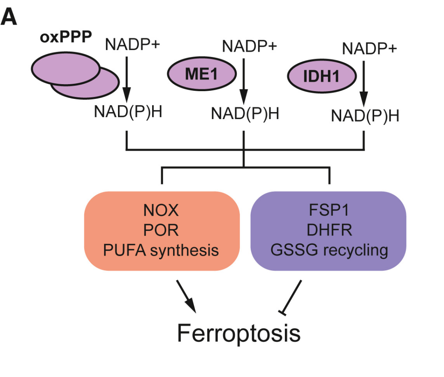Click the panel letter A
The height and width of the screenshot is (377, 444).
[x=9, y=17]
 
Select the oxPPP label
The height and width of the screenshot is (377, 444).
[x=66, y=37]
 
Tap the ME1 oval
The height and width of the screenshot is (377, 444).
[x=201, y=74]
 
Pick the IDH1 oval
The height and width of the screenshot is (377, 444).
[x=321, y=76]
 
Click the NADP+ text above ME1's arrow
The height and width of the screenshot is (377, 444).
[x=250, y=46]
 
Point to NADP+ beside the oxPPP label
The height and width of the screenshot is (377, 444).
[x=132, y=44]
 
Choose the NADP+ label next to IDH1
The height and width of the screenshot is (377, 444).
[x=370, y=48]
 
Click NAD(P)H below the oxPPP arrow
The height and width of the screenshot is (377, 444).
[x=128, y=112]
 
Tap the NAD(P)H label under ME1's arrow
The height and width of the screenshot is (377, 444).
[x=245, y=114]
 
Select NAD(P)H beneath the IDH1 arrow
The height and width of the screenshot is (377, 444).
[x=365, y=116]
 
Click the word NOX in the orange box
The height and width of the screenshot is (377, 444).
[x=161, y=210]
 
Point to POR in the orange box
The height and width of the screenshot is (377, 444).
[x=161, y=230]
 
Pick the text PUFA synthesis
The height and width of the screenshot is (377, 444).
[x=161, y=251]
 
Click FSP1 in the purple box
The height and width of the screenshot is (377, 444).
[x=329, y=210]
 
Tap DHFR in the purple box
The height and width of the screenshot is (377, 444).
[x=329, y=230]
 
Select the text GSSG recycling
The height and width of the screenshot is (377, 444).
[x=329, y=251]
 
